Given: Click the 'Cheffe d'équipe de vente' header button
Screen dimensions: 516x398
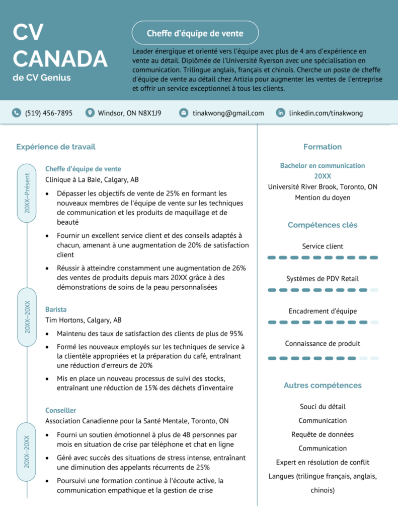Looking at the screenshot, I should (x=195, y=33).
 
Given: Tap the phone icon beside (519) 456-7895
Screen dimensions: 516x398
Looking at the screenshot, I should (x=17, y=113).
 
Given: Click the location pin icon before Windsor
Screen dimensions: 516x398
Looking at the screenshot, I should (x=90, y=113).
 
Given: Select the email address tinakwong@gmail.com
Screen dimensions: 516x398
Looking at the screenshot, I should (x=228, y=113).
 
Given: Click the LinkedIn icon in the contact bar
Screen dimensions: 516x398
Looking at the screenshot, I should (x=280, y=113).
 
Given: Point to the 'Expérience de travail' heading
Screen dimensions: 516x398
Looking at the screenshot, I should (x=56, y=147).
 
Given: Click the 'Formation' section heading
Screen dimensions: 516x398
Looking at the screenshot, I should (x=323, y=147).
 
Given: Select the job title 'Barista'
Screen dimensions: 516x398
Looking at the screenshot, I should (x=56, y=309).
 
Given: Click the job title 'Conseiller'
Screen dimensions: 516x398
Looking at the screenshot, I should (x=61, y=410).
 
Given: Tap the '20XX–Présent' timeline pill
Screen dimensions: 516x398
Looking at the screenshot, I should (x=27, y=193).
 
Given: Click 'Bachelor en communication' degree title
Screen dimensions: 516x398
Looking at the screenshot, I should (x=323, y=165).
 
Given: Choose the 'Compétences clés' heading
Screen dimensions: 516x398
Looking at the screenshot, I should (x=323, y=225).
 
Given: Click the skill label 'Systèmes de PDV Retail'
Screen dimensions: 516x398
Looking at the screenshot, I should (x=323, y=279).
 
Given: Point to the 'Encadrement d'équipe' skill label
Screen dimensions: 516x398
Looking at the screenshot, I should (x=323, y=311).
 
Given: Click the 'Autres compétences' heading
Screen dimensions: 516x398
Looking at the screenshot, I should (x=323, y=385).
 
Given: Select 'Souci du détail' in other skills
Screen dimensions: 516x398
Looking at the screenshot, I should (x=323, y=407).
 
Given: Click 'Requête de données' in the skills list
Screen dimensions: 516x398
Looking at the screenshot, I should (x=323, y=434).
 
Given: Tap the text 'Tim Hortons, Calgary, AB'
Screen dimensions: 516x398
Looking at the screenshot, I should (x=84, y=320).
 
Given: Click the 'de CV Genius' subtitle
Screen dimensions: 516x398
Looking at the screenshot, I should (x=42, y=78).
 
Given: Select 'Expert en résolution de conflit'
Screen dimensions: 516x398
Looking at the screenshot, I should (x=323, y=462).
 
